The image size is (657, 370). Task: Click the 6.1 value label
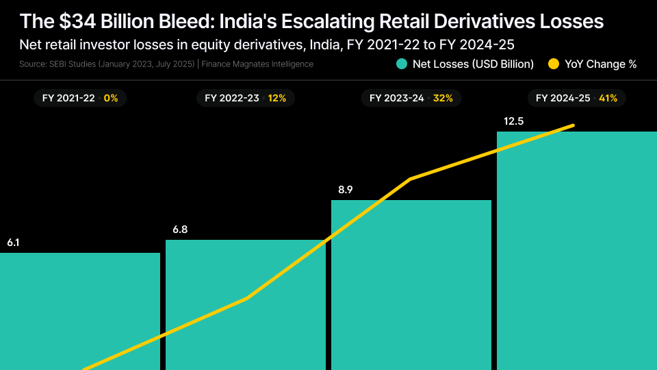coord(14,243)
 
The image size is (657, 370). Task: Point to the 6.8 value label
coord(180,230)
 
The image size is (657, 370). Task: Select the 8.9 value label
coord(345,190)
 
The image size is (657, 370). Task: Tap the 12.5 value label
coord(514,121)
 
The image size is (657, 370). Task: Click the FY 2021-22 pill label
coord(68,98)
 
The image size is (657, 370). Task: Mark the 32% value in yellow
coord(443,98)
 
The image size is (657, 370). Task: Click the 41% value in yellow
coord(608,98)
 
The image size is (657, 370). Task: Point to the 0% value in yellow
coord(111,98)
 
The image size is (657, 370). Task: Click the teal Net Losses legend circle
coord(402,64)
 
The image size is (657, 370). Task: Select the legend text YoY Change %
coord(600,64)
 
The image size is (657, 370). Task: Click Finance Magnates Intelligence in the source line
coord(257,64)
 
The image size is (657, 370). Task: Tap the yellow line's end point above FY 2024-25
coord(573,125)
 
